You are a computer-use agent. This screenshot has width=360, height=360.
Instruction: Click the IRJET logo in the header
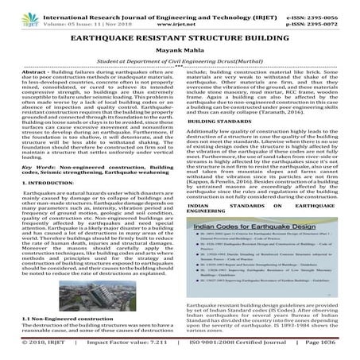click(x=17, y=12)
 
